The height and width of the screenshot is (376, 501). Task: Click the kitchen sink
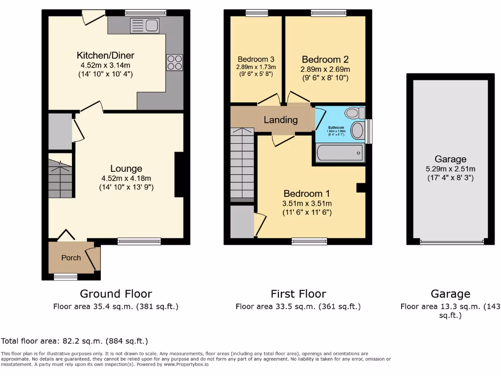click(x=145, y=26)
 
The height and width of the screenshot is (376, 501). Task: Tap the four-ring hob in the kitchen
click(x=175, y=62)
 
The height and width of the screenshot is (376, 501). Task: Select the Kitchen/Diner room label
click(x=105, y=55)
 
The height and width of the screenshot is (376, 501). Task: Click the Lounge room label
click(x=126, y=169)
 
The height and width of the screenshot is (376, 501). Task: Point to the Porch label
click(x=71, y=258)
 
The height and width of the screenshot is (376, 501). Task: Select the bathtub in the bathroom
click(x=340, y=153)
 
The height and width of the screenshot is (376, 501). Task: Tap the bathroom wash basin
click(x=358, y=131)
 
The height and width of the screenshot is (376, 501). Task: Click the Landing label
click(x=280, y=120)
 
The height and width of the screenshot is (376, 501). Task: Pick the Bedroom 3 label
click(x=256, y=58)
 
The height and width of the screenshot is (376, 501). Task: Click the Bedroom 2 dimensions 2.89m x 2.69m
click(x=325, y=70)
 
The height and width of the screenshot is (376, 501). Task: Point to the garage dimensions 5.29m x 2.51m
click(x=450, y=169)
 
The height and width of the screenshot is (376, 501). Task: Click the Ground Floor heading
click(x=115, y=294)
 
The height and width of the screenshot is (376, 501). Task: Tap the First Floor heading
click(x=298, y=294)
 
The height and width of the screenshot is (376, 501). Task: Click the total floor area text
click(x=74, y=341)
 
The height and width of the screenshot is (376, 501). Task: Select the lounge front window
click(x=139, y=240)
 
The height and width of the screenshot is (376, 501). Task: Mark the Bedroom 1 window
click(x=309, y=240)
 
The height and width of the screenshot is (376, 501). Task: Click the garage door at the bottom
click(x=451, y=241)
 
